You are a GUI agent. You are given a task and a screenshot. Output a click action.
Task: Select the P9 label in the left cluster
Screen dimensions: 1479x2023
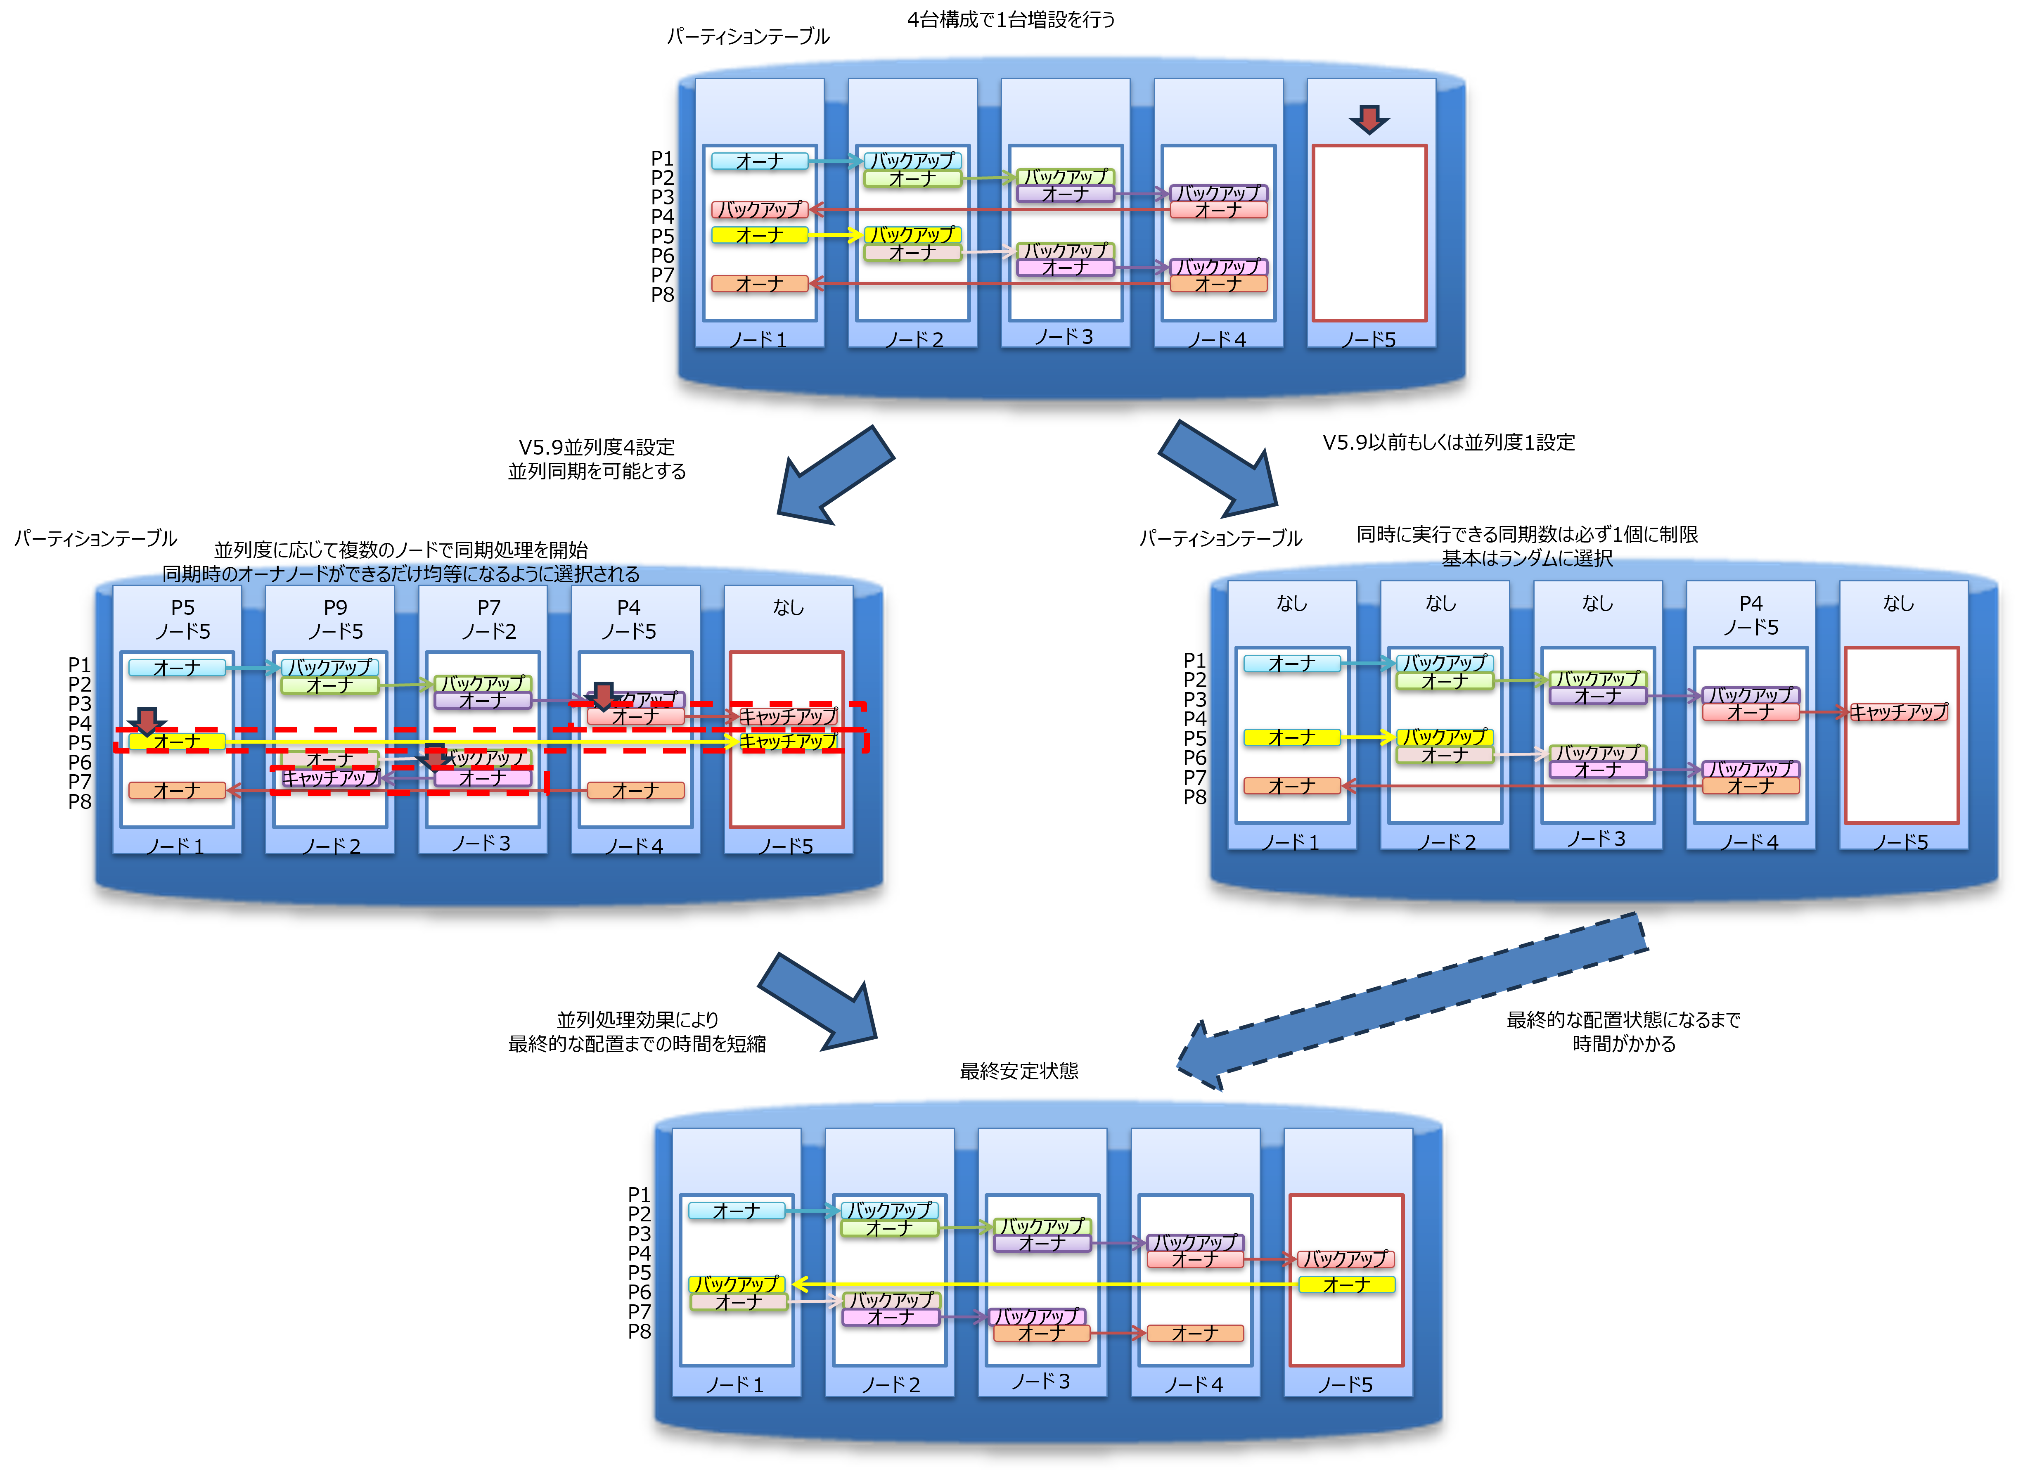pos(336,608)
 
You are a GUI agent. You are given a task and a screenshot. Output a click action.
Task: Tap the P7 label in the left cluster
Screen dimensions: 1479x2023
pos(489,608)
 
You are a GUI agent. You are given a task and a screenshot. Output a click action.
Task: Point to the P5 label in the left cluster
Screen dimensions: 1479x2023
pos(182,608)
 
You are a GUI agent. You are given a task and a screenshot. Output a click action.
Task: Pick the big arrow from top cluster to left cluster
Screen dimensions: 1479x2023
pos(832,474)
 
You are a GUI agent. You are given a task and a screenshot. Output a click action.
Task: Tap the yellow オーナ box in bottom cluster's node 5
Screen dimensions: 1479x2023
pos(1346,1285)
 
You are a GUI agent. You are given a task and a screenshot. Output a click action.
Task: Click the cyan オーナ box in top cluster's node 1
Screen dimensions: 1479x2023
pos(759,161)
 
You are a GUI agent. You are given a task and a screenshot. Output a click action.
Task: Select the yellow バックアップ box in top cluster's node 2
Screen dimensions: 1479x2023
pos(912,235)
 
